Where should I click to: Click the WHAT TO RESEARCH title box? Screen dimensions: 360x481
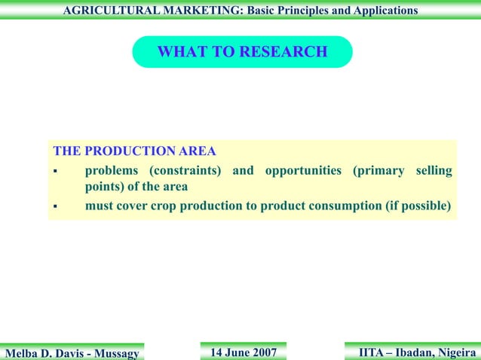click(242, 52)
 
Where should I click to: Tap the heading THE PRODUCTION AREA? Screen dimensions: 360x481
click(134, 151)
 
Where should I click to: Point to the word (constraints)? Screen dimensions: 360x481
click(183, 170)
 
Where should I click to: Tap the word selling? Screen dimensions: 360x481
click(434, 170)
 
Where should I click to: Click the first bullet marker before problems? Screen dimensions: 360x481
click(55, 172)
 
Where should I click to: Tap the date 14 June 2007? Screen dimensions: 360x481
click(243, 352)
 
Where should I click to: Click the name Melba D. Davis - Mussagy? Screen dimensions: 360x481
click(74, 352)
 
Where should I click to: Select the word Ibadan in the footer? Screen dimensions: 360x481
click(413, 352)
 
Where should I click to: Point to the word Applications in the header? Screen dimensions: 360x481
click(380, 11)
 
